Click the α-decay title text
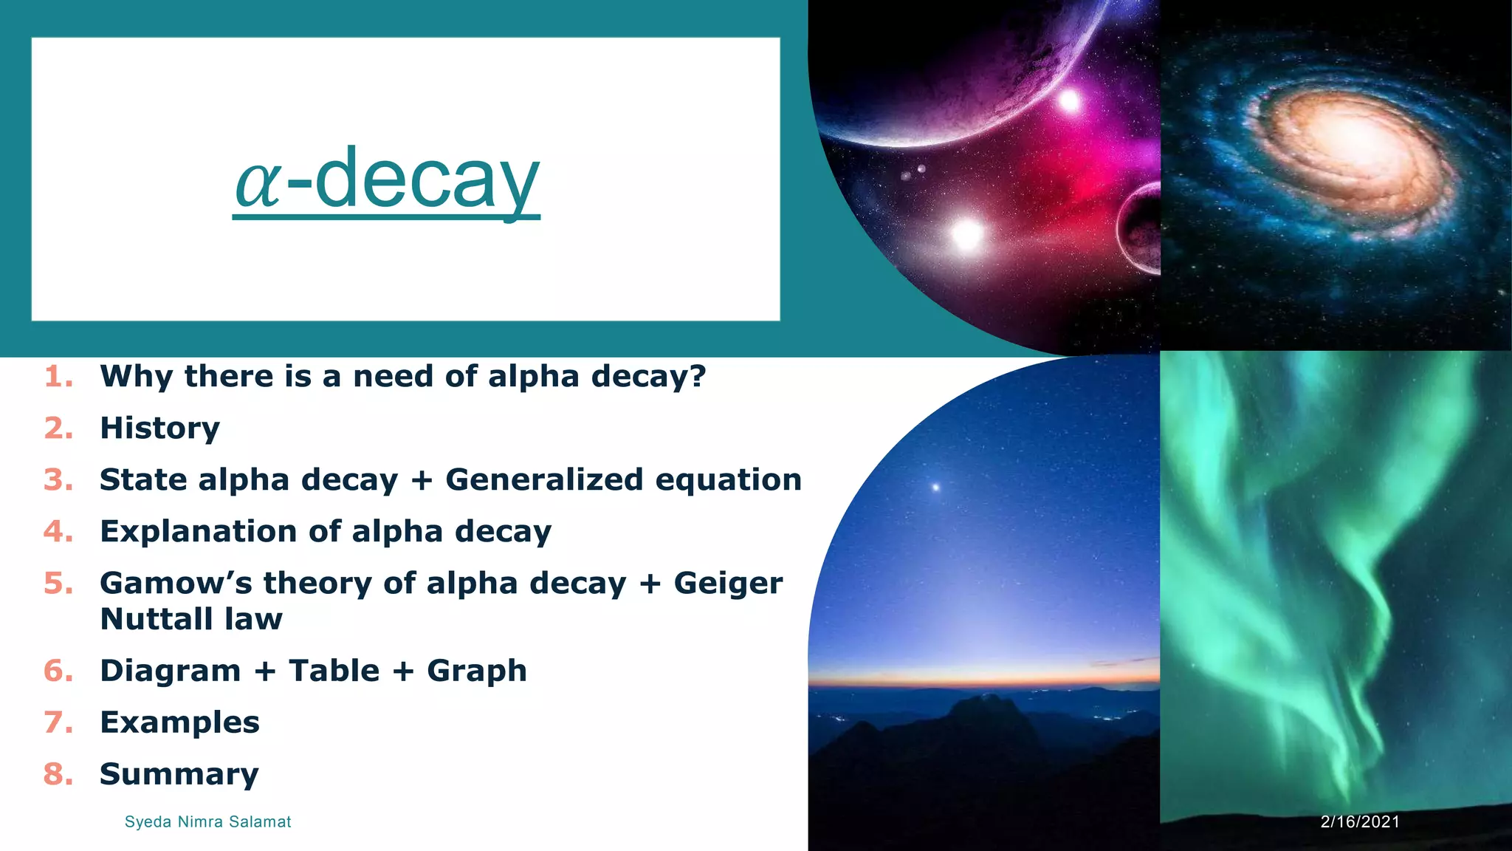click(387, 180)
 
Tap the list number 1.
click(58, 377)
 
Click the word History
click(159, 428)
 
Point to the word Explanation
click(197, 532)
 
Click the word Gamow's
click(176, 584)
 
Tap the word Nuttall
click(155, 619)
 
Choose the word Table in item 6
click(334, 671)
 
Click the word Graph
click(476, 671)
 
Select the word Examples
click(179, 722)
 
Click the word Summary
click(179, 774)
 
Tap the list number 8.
click(58, 774)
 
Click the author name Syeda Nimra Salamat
click(207, 821)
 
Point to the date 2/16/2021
click(1360, 821)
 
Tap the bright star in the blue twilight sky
click(935, 487)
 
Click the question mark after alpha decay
click(697, 377)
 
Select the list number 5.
click(58, 584)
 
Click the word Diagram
click(170, 671)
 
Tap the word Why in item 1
click(137, 377)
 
